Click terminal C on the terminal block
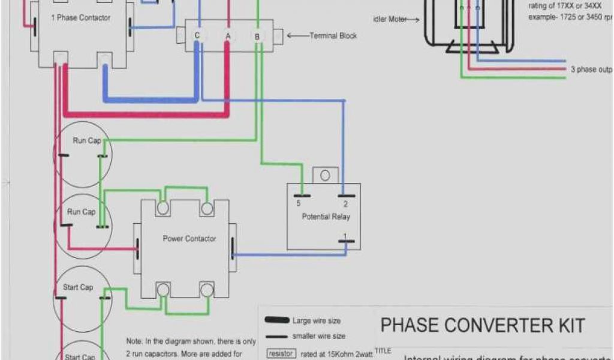(x=197, y=35)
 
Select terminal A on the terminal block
(x=228, y=36)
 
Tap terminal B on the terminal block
(x=257, y=37)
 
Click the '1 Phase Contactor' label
(x=80, y=18)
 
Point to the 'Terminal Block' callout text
(x=333, y=36)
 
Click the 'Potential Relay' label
(x=326, y=217)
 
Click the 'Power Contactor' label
(x=189, y=239)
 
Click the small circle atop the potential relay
(x=325, y=175)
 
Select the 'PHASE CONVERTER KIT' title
(x=483, y=326)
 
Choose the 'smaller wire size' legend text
(x=318, y=337)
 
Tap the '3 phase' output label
(x=590, y=70)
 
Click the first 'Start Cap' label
(x=78, y=287)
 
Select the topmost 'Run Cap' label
(x=87, y=141)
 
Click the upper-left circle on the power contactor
(x=162, y=208)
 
